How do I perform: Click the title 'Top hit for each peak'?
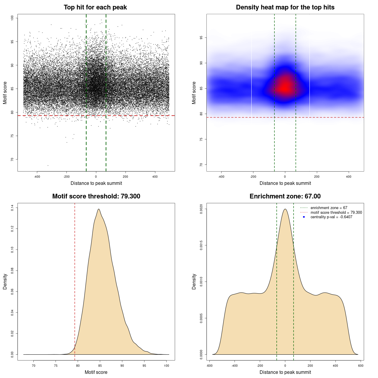[95, 7]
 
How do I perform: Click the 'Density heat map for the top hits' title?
[285, 7]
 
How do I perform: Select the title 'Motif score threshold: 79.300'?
[96, 196]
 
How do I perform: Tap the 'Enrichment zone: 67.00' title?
[285, 196]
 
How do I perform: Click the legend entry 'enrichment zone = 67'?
[329, 208]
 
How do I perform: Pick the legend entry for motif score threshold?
[336, 212]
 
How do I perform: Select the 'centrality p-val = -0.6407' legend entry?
[331, 217]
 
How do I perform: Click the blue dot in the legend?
[304, 217]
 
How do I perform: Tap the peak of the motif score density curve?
[99, 209]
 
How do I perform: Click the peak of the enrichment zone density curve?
[285, 209]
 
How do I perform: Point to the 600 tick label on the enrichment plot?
[361, 366]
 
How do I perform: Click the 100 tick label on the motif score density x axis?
[167, 366]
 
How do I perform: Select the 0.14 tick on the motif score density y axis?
[12, 208]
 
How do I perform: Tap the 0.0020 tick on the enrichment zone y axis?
[201, 209]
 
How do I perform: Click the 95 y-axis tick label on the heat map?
[201, 38]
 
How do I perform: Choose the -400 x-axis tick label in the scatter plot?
[37, 177]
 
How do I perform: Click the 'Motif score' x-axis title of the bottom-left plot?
[96, 372]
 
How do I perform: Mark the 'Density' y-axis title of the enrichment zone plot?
[194, 281]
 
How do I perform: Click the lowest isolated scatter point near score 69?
[48, 165]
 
